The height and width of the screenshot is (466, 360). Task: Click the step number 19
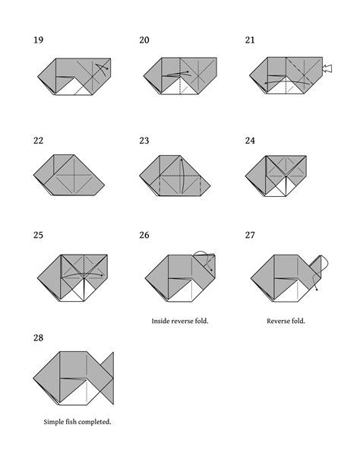pyautogui.click(x=39, y=40)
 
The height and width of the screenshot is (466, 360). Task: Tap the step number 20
pyautogui.click(x=144, y=40)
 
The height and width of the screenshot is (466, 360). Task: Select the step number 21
pyautogui.click(x=250, y=40)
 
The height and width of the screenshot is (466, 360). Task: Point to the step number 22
pyautogui.click(x=39, y=141)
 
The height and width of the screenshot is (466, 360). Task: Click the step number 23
pyautogui.click(x=144, y=141)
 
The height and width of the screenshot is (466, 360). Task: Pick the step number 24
pyautogui.click(x=250, y=141)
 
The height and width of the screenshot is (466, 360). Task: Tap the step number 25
pyautogui.click(x=39, y=236)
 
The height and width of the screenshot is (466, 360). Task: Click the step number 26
pyautogui.click(x=144, y=236)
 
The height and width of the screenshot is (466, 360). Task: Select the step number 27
pyautogui.click(x=250, y=236)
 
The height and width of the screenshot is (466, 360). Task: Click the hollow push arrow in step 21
pyautogui.click(x=327, y=69)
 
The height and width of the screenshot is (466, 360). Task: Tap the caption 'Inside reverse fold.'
pyautogui.click(x=180, y=321)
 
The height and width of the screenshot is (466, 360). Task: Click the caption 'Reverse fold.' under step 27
pyautogui.click(x=286, y=321)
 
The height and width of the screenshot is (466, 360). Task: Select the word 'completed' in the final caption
pyautogui.click(x=95, y=421)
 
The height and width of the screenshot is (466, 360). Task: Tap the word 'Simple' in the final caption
pyautogui.click(x=55, y=421)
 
